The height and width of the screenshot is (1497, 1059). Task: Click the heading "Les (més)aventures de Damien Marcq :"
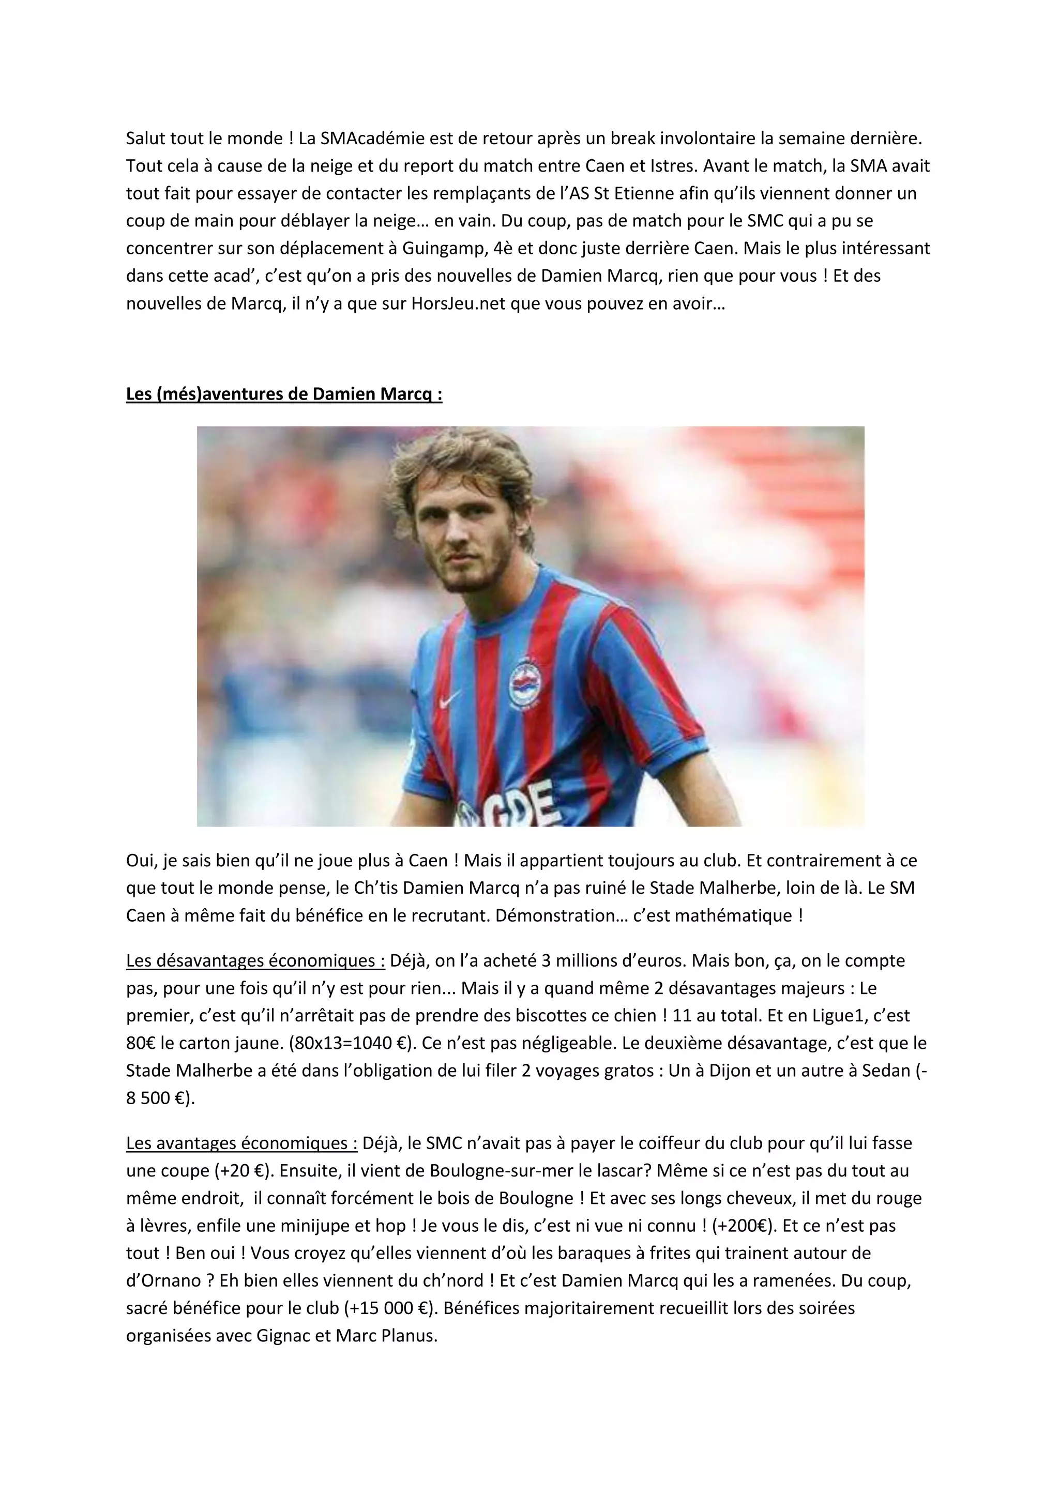(284, 394)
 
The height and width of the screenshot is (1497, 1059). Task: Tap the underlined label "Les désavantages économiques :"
(255, 960)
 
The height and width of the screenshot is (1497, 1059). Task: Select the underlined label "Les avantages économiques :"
(242, 1143)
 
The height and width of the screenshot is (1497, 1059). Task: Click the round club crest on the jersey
(527, 684)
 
